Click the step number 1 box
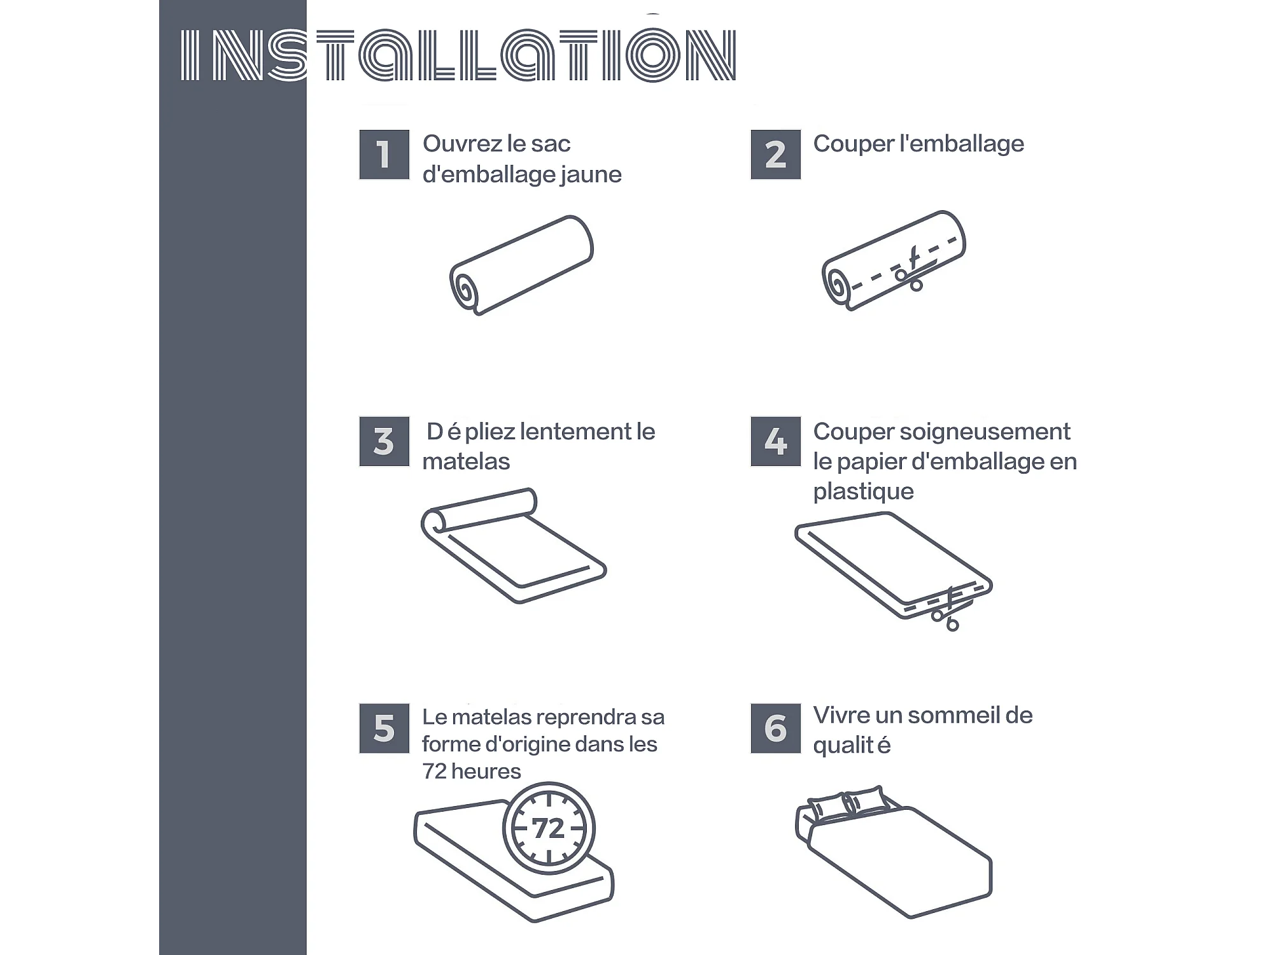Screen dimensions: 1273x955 [384, 155]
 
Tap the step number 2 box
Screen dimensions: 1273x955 [775, 155]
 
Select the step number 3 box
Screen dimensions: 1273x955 [384, 441]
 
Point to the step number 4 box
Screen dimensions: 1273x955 [775, 441]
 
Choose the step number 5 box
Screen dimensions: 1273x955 [384, 728]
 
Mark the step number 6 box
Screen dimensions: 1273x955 [775, 728]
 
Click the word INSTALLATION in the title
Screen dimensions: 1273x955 [458, 55]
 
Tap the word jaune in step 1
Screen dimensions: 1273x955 [591, 174]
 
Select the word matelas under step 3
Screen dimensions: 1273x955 [466, 462]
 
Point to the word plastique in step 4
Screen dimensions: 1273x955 [863, 492]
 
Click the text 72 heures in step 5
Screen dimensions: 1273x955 [472, 772]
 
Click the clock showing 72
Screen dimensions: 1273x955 [549, 828]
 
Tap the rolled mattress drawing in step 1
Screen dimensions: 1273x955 [521, 265]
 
